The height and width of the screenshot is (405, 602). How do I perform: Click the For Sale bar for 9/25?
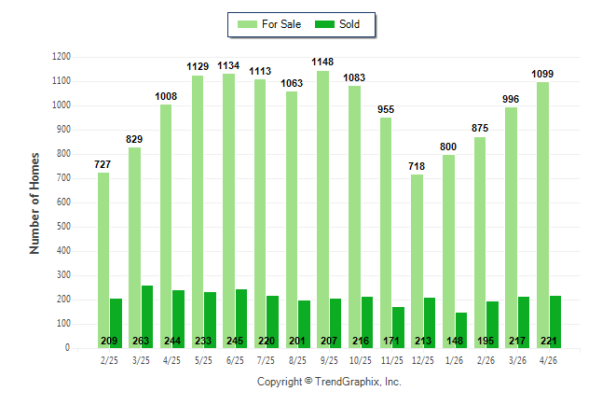pyautogui.click(x=322, y=210)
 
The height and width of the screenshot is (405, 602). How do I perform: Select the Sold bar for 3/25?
pyautogui.click(x=147, y=317)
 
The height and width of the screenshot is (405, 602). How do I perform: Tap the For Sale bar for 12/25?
pyautogui.click(x=417, y=261)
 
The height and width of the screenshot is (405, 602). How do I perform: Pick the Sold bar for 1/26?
pyautogui.click(x=461, y=330)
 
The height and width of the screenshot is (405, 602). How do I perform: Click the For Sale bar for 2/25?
pyautogui.click(x=103, y=260)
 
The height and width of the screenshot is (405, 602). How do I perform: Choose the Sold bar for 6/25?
pyautogui.click(x=241, y=319)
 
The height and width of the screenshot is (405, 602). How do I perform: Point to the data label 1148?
pyautogui.click(x=322, y=62)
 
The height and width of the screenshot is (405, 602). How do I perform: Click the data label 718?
pyautogui.click(x=417, y=166)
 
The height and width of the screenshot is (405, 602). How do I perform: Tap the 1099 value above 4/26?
pyautogui.click(x=542, y=74)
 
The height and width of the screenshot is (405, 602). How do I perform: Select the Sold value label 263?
pyautogui.click(x=141, y=341)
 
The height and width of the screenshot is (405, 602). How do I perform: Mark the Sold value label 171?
pyautogui.click(x=391, y=341)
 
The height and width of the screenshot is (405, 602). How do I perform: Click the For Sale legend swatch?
pyautogui.click(x=247, y=24)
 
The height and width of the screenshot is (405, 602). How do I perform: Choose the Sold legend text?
pyautogui.click(x=349, y=24)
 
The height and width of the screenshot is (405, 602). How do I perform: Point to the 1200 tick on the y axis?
pyautogui.click(x=62, y=57)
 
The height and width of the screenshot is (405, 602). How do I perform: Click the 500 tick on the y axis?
pyautogui.click(x=63, y=227)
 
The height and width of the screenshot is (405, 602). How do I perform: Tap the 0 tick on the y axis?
pyautogui.click(x=68, y=348)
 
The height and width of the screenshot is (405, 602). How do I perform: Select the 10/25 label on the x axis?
pyautogui.click(x=361, y=360)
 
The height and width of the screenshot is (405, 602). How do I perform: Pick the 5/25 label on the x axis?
pyautogui.click(x=203, y=360)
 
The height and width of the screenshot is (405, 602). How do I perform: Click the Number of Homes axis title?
pyautogui.click(x=34, y=203)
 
